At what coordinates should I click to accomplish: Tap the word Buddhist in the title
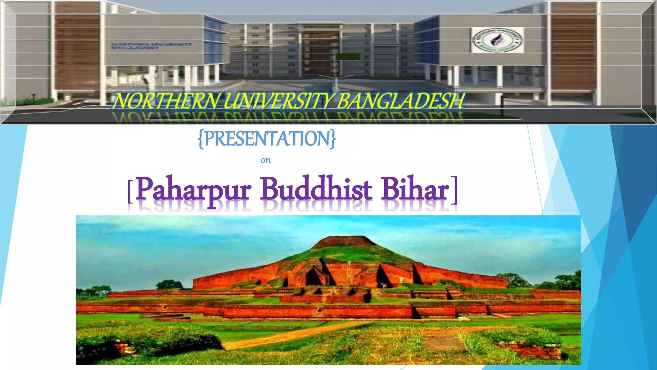point(316,189)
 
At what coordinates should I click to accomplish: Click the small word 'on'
point(266,160)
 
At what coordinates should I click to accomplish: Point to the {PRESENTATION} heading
point(267,139)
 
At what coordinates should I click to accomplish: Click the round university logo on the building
point(497,40)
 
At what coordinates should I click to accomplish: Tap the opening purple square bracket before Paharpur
point(130,192)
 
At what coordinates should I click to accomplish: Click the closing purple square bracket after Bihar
point(454,190)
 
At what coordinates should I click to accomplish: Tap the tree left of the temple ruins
point(169,285)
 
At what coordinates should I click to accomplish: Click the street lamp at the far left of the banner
point(34,98)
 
